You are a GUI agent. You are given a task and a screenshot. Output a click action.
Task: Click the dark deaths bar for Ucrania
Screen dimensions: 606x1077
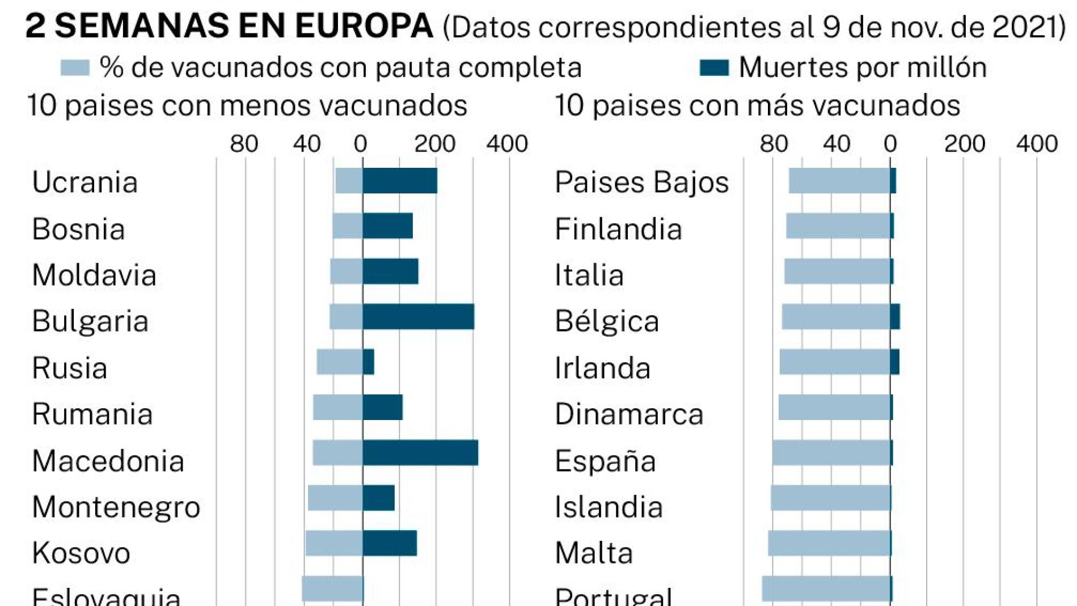pos(400,181)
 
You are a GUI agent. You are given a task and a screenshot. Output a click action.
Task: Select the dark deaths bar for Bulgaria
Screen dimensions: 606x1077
pos(419,317)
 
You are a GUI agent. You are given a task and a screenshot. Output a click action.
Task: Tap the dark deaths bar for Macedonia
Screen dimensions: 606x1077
pos(420,453)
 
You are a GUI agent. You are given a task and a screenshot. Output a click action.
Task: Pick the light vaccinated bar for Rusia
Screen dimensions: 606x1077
pos(340,362)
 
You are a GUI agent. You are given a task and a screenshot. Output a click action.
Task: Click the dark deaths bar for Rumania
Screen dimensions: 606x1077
pos(383,408)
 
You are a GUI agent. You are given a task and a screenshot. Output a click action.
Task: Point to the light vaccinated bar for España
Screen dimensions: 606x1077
pos(831,453)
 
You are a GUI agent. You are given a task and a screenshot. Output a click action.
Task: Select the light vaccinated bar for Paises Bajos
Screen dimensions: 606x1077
pos(839,181)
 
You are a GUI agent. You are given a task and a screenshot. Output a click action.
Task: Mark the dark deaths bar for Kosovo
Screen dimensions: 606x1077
pos(390,544)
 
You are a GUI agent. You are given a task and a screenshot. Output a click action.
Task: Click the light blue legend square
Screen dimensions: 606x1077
pos(75,68)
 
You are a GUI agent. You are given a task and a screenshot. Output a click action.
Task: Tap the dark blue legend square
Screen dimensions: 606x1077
pos(713,68)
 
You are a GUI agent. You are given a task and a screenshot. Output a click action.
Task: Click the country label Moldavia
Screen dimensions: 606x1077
pos(94,276)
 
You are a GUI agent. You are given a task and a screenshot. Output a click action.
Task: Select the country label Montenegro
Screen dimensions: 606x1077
pos(116,507)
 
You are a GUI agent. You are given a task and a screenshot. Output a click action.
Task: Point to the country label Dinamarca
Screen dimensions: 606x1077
pos(629,414)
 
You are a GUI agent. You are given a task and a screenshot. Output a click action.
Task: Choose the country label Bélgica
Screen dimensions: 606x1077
pos(607,321)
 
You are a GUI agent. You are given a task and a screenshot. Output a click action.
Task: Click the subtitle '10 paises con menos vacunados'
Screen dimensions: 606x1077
pos(247,106)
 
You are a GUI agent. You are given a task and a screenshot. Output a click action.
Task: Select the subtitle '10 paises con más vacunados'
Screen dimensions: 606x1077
pos(757,106)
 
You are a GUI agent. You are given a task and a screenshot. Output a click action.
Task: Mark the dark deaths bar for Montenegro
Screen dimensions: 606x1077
pos(379,498)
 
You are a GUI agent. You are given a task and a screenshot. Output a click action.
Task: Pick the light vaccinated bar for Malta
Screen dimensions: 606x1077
pos(829,544)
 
